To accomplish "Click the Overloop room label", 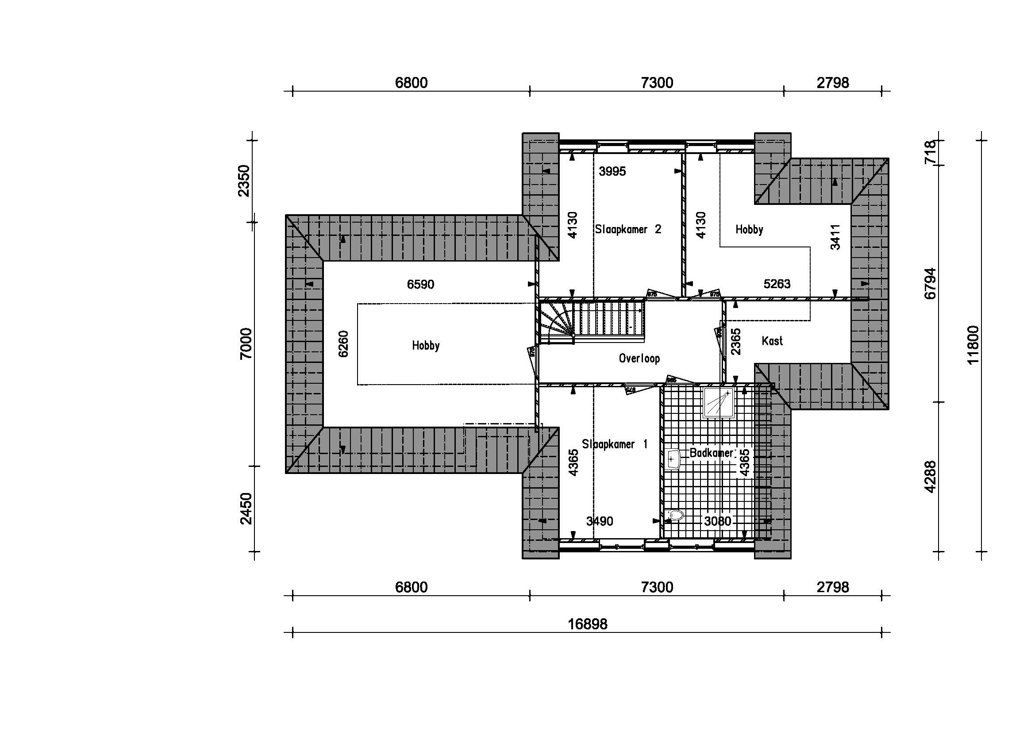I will [639, 358].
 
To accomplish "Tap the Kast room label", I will [772, 341].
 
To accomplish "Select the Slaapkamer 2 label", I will [627, 229].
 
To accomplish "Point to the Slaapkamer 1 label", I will [615, 444].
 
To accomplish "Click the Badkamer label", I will [711, 453].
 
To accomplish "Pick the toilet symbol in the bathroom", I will [674, 515].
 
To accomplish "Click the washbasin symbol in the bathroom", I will [672, 459].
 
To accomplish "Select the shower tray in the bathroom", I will [719, 402].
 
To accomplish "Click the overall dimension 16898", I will [587, 624].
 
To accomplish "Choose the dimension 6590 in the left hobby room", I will [420, 285].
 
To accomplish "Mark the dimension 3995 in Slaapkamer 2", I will [612, 171].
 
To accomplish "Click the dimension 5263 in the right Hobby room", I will [777, 284].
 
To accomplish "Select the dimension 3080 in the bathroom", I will [717, 521].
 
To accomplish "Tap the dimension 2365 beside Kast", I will [736, 341].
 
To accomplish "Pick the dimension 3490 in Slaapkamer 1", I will [599, 521].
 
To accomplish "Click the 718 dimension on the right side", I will [930, 152].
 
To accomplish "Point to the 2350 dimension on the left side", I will [244, 181].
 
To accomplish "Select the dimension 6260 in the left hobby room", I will [343, 344].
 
